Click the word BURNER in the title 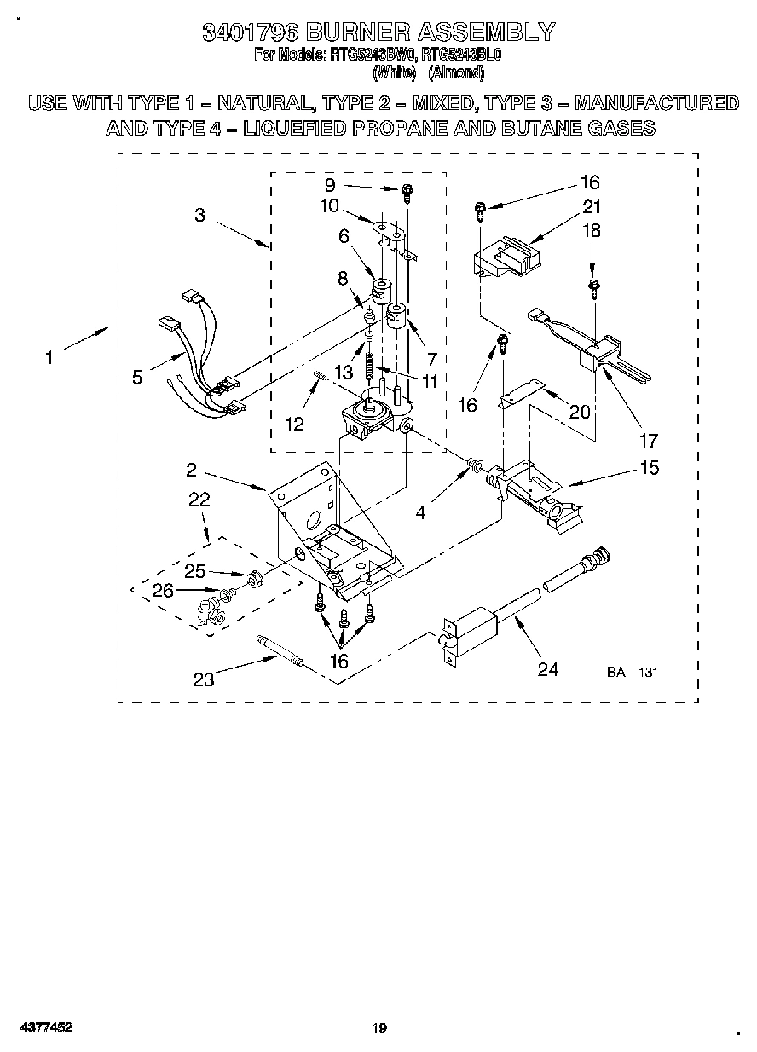coord(357,32)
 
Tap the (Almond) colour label coord(456,73)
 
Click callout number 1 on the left coord(49,358)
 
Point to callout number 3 coord(199,215)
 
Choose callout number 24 coord(547,669)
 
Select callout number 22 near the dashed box coord(199,500)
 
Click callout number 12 coord(294,424)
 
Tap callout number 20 coord(579,411)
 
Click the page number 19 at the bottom coord(379,1028)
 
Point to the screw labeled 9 coord(407,192)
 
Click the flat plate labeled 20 coord(520,391)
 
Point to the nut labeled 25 coord(253,581)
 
